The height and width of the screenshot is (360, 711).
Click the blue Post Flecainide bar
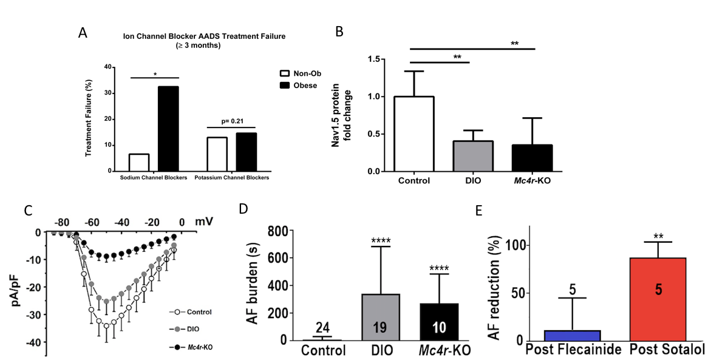click(x=573, y=335)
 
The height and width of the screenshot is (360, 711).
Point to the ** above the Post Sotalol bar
click(x=658, y=235)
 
